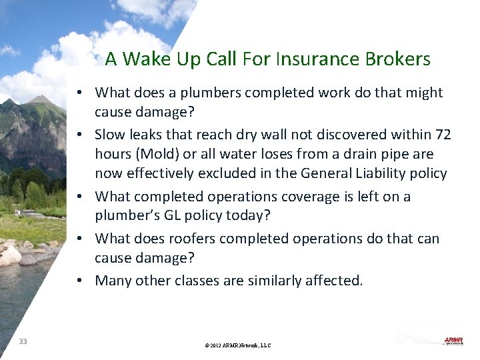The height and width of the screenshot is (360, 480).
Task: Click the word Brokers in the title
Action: (397, 59)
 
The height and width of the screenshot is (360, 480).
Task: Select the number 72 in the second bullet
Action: (443, 135)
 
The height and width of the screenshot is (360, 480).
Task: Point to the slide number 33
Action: (23, 341)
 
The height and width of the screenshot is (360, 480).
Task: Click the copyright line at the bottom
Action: (238, 345)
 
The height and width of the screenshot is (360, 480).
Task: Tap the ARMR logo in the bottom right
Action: (453, 341)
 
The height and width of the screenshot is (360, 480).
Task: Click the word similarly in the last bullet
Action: (270, 281)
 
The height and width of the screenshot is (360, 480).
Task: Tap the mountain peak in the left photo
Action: (41, 99)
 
